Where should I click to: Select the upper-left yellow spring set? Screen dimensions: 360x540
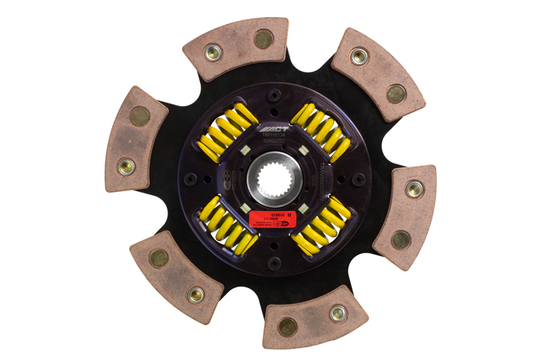point(227,131)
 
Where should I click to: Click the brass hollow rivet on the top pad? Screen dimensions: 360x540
point(214,53)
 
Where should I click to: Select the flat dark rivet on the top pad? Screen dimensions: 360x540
point(262,38)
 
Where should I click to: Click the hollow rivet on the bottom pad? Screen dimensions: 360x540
point(337,312)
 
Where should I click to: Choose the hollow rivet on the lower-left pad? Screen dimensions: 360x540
point(196,294)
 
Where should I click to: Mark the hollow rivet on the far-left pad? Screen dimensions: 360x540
point(126,165)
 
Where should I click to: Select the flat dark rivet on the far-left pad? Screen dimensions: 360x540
point(140,116)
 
